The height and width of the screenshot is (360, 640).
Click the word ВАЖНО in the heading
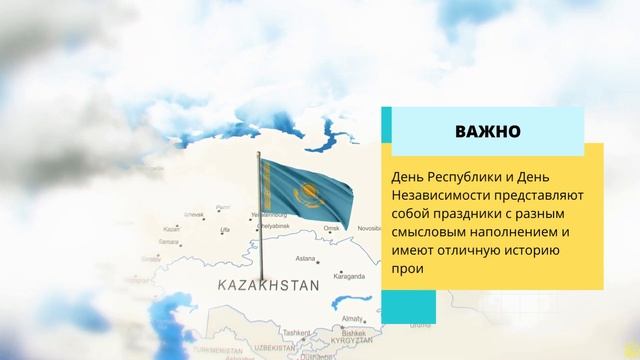pos(486,131)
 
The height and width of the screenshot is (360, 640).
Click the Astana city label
pos(306,258)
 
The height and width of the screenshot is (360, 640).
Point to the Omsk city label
pos(332,228)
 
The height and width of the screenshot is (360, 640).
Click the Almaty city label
pos(352,318)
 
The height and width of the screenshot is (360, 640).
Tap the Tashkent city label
pos(296,332)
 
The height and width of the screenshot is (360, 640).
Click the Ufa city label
pos(225,230)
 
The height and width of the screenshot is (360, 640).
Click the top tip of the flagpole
pos(259,153)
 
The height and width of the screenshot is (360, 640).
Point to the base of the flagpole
pos(262,280)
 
